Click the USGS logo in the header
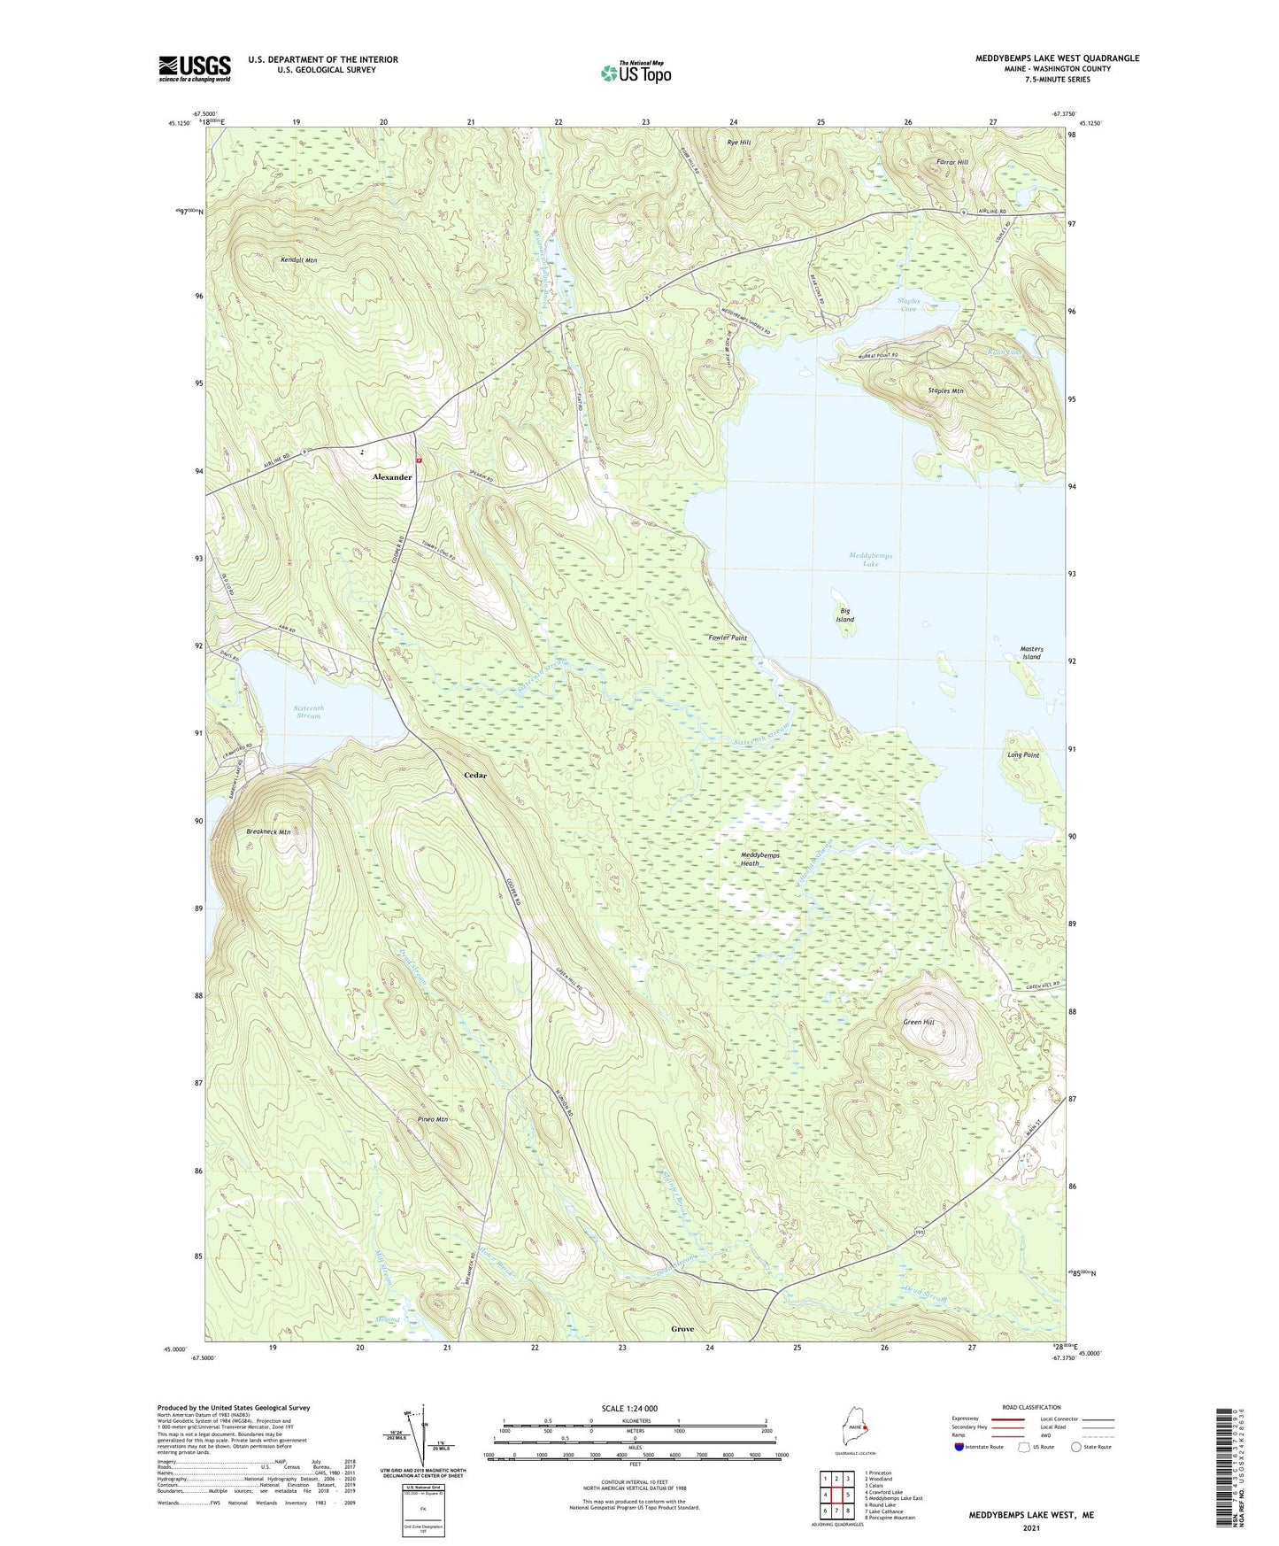click(x=194, y=68)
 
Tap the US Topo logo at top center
click(x=636, y=73)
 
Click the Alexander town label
click(x=391, y=477)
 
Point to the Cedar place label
click(x=475, y=776)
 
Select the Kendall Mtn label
click(x=298, y=260)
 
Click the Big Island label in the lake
click(x=845, y=615)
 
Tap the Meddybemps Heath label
click(x=759, y=859)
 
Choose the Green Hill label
click(x=918, y=1022)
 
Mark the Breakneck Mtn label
click(x=268, y=832)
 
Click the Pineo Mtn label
click(x=432, y=1119)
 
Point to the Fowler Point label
click(x=728, y=638)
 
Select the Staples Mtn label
click(x=945, y=390)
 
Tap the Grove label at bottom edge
click(x=682, y=1329)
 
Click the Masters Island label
click(x=1031, y=653)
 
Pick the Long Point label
click(x=1022, y=755)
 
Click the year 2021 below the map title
click(x=1030, y=1528)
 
